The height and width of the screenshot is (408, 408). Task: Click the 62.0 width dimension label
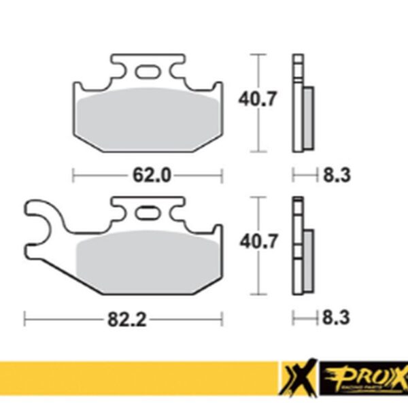[150, 175]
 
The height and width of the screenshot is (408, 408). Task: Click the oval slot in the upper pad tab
[147, 71]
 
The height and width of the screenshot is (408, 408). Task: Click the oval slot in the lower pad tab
[148, 214]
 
